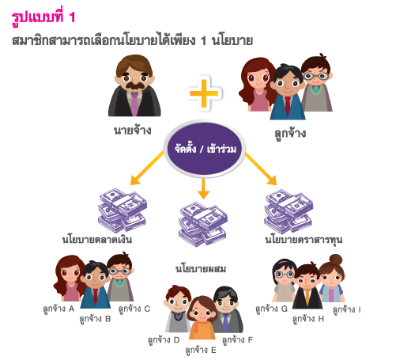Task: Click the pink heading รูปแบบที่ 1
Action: [x=43, y=18]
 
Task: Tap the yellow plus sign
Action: [x=204, y=93]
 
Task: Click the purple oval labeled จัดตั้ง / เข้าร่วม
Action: [x=204, y=149]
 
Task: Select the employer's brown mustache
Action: [x=135, y=85]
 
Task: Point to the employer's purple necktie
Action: [x=134, y=104]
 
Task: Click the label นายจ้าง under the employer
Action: [x=133, y=130]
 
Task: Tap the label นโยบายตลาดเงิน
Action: [x=97, y=239]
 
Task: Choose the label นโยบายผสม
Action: [x=201, y=268]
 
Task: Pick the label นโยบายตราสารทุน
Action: [x=304, y=240]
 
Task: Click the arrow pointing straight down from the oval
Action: [x=203, y=188]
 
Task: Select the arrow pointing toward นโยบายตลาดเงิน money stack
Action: [x=146, y=168]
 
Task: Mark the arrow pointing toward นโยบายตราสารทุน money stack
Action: [x=261, y=169]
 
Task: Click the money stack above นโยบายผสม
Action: [x=203, y=225]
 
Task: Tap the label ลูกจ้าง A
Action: [x=58, y=309]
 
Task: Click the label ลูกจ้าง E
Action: [x=201, y=351]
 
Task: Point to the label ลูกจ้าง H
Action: [x=308, y=319]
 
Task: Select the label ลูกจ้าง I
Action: [x=347, y=309]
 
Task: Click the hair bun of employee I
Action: [x=336, y=260]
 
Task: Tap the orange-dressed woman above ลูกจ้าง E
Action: [x=202, y=317]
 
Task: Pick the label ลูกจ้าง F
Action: [x=237, y=340]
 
